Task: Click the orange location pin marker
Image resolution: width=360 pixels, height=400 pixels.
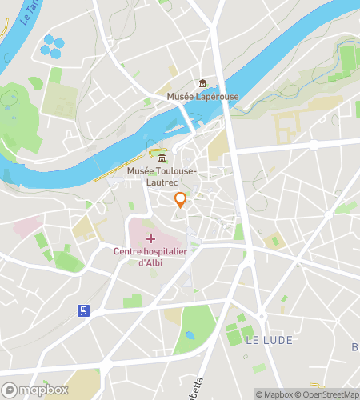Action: tap(180, 200)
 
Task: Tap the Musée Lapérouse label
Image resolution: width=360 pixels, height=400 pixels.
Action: tap(202, 97)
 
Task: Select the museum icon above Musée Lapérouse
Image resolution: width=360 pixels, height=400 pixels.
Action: tap(202, 83)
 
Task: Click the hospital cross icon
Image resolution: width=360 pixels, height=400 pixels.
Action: tap(150, 238)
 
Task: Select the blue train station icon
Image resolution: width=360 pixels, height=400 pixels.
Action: tap(83, 310)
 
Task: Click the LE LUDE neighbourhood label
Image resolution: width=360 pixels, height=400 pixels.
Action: tap(269, 340)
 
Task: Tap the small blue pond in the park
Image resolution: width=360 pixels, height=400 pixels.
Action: tap(190, 334)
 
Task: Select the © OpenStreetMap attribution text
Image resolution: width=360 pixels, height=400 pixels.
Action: tap(328, 394)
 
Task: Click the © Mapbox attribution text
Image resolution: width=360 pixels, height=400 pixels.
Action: tap(274, 394)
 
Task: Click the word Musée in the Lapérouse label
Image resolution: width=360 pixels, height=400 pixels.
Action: tap(180, 97)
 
